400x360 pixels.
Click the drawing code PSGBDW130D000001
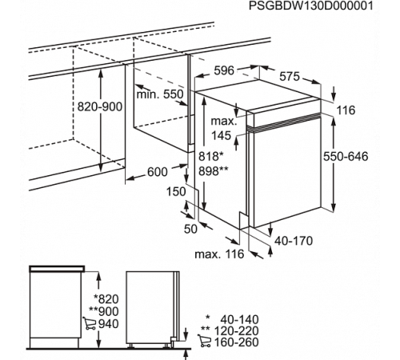tap(311, 6)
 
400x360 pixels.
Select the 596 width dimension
tap(224, 70)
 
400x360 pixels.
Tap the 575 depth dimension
tap(290, 77)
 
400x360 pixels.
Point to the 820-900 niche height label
tap(100, 106)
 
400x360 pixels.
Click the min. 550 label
tap(160, 94)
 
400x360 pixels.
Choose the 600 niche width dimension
tap(158, 172)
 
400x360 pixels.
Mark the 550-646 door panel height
tap(346, 156)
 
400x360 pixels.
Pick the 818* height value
tap(210, 157)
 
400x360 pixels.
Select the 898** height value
tap(214, 171)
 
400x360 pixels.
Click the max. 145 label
tap(223, 128)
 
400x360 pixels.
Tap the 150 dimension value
tap(176, 191)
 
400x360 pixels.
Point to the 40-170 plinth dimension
tap(294, 241)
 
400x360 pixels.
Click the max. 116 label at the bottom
tap(219, 254)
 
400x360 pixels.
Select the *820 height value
tap(106, 299)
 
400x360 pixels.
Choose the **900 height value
tap(104, 311)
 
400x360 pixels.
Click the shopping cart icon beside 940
tap(90, 323)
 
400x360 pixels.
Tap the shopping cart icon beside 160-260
tap(204, 341)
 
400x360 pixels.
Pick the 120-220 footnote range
tap(237, 330)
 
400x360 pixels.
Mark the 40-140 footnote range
tap(239, 319)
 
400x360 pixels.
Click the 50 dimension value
tap(190, 229)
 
